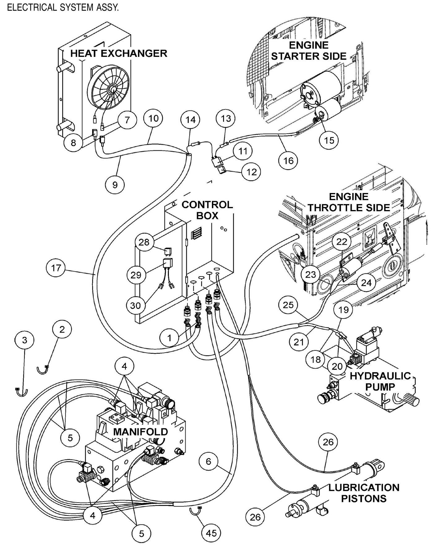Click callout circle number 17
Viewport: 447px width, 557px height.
point(56,268)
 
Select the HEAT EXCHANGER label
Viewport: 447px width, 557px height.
point(119,53)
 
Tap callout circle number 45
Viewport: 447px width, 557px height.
point(211,533)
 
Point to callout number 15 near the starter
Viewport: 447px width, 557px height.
point(329,140)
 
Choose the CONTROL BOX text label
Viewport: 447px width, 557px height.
point(207,210)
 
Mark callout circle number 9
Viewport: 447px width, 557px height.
point(115,185)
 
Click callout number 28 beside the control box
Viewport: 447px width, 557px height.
point(144,242)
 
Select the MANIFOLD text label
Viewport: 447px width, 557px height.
point(140,431)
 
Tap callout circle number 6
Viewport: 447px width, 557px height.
point(208,462)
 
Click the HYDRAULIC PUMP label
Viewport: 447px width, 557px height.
point(380,381)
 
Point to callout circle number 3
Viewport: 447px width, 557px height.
point(24,340)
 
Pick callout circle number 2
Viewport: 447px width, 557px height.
point(62,329)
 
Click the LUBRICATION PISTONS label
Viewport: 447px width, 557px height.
point(363,493)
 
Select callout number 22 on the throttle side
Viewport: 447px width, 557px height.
point(342,242)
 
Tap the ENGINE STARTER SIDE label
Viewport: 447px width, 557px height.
point(309,51)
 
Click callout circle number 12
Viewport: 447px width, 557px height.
point(251,172)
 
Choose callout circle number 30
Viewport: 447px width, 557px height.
point(135,306)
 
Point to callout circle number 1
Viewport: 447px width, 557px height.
point(169,338)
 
